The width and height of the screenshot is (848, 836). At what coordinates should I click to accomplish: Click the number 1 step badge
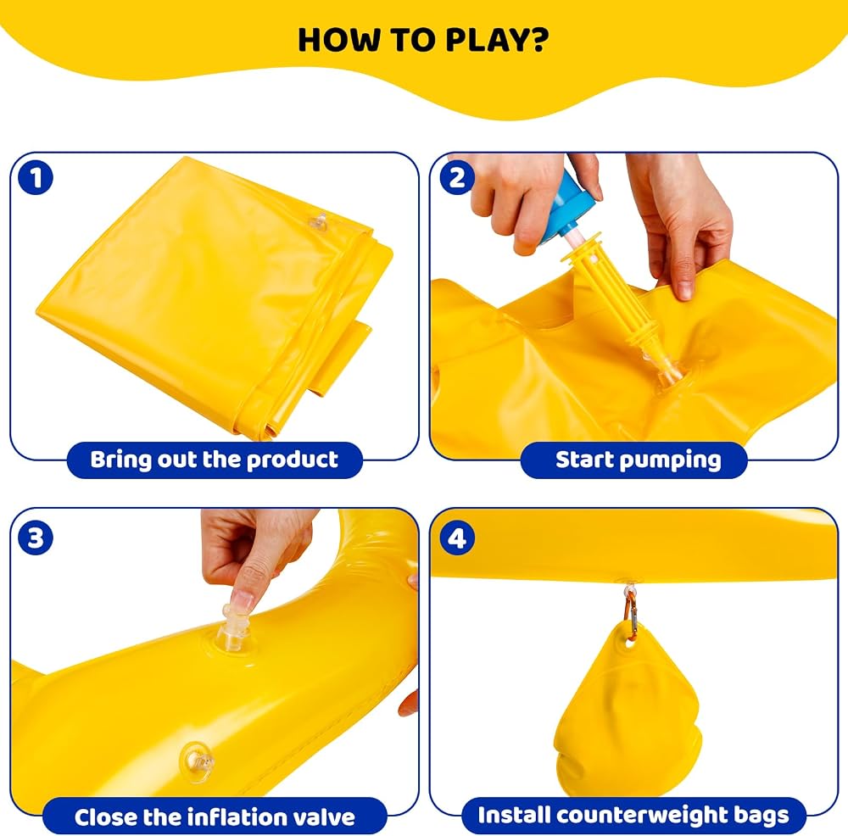coord(36,178)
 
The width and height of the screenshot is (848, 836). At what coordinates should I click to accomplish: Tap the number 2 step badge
coord(457,178)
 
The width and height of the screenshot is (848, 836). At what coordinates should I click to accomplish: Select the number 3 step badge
coord(36,538)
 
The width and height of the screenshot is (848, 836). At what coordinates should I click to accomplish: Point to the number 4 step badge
coord(457,538)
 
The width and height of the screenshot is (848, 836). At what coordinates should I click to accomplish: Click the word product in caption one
coord(292,460)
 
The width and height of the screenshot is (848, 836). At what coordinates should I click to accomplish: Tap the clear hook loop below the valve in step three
coord(198,761)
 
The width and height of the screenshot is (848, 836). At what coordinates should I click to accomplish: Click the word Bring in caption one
coord(120,460)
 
